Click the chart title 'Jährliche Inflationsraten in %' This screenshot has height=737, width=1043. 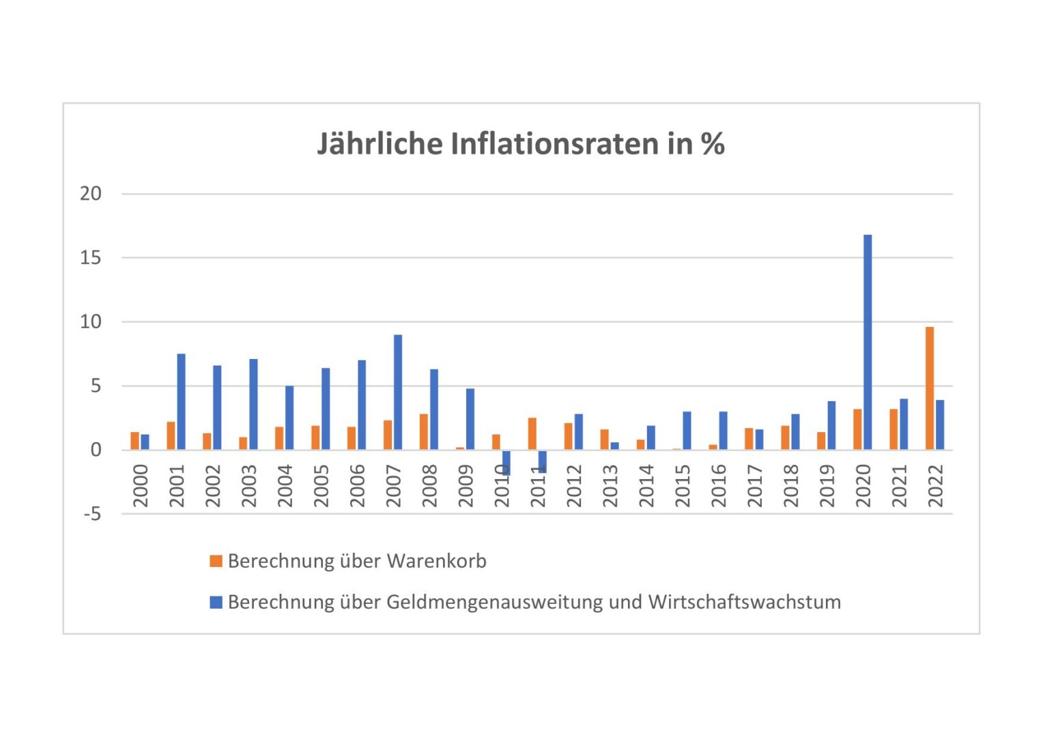[x=521, y=144]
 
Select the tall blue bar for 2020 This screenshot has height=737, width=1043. [x=868, y=341]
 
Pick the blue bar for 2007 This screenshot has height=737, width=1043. [x=398, y=392]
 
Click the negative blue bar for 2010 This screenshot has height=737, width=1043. [x=506, y=463]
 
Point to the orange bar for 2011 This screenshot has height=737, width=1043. [x=532, y=433]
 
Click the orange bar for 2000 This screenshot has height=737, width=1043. [x=134, y=441]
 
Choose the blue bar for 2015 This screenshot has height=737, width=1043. [x=687, y=431]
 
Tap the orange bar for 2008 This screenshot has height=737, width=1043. [x=424, y=431]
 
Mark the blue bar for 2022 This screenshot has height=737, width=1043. [x=940, y=424]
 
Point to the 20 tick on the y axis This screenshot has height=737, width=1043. [x=91, y=194]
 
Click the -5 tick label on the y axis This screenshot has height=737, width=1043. [x=92, y=514]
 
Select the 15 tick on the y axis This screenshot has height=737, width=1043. [x=91, y=258]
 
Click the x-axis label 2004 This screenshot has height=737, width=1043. [x=285, y=486]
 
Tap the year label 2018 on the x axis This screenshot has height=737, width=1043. [x=790, y=486]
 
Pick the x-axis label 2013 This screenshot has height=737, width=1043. [x=610, y=486]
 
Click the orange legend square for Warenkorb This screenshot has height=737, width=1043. [x=216, y=561]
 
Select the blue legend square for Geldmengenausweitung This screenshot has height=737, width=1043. [x=216, y=602]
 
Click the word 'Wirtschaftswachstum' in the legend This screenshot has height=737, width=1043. [x=745, y=602]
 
